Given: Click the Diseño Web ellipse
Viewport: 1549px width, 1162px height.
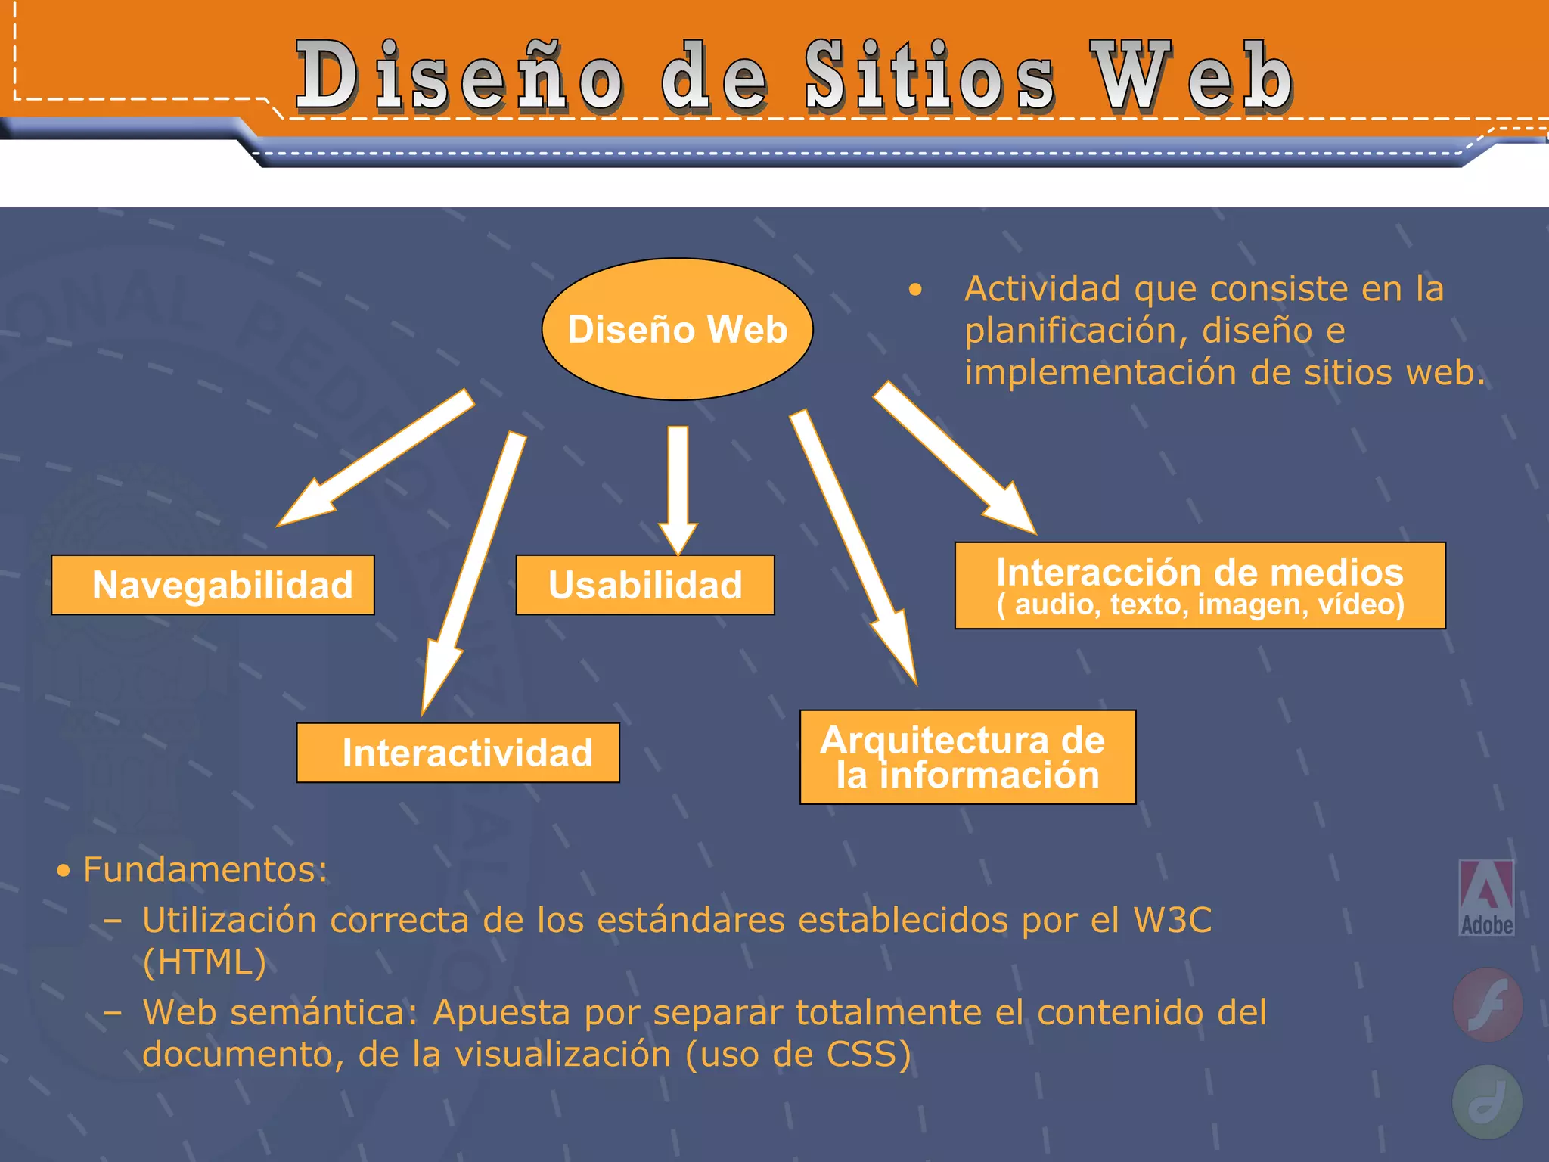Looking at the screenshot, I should click(x=677, y=329).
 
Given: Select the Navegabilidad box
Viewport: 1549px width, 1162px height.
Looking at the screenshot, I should click(x=213, y=585).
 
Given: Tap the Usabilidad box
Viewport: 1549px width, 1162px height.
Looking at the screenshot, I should click(x=645, y=585).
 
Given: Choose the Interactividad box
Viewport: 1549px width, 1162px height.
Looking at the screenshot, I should click(x=458, y=753).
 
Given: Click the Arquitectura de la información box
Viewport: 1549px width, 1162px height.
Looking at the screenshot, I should click(x=967, y=757).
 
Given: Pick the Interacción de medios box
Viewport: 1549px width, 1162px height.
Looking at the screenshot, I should click(x=1200, y=586).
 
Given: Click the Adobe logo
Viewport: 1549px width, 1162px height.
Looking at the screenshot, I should click(x=1486, y=898).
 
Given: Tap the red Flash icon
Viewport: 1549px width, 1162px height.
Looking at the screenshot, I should click(x=1488, y=1005).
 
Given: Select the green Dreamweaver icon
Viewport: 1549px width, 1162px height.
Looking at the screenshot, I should click(x=1487, y=1101).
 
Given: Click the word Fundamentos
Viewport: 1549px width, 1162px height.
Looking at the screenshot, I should click(x=205, y=870).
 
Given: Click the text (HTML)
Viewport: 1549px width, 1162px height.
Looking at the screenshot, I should click(x=204, y=963).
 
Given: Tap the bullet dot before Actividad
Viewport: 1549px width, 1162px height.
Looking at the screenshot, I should click(x=916, y=290).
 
